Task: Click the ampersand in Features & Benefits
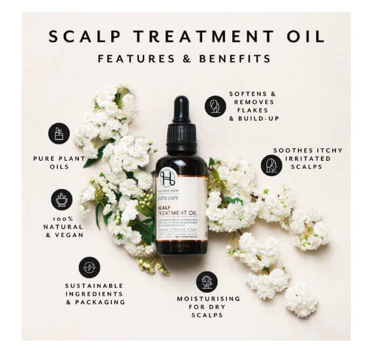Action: tap(186, 59)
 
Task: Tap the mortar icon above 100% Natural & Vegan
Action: tap(61, 199)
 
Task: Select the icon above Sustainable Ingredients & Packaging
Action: tap(89, 267)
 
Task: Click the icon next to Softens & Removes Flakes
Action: tap(215, 106)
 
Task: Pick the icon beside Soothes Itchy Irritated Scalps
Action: tap(272, 165)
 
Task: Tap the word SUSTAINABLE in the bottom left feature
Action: tap(94, 285)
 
